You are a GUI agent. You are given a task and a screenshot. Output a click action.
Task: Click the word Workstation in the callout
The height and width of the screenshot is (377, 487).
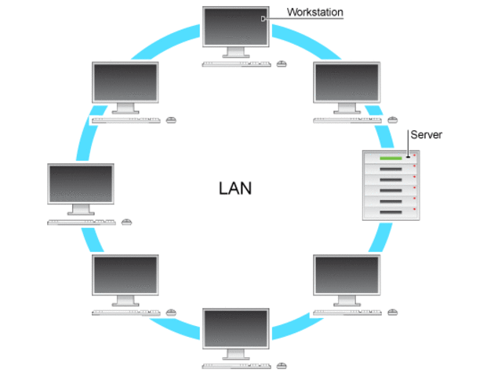[x=314, y=12]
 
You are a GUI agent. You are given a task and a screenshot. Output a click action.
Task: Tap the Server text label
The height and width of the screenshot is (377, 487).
[x=427, y=134]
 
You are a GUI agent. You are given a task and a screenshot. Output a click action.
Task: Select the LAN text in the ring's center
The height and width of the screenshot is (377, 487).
[x=235, y=188]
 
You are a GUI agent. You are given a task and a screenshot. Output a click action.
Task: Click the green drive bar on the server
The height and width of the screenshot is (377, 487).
[x=391, y=159]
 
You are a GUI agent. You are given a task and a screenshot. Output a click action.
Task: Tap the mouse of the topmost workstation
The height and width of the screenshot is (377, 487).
[x=282, y=63]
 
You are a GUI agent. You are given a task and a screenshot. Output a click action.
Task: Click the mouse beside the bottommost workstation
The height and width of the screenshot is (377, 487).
[x=282, y=365]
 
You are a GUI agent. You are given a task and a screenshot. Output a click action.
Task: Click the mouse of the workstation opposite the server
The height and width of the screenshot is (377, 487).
[x=127, y=222]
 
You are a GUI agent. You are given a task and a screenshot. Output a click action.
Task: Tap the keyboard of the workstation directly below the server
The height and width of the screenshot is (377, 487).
[x=347, y=313]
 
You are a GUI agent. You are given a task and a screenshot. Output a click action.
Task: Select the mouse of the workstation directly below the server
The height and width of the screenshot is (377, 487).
[x=394, y=312]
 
